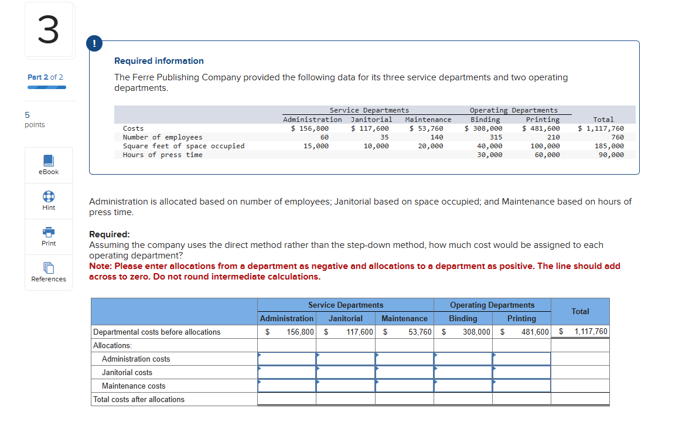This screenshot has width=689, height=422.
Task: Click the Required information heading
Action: coord(159,61)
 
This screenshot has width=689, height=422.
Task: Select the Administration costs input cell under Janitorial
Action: coord(346,359)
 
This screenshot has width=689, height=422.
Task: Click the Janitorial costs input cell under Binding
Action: coord(463,372)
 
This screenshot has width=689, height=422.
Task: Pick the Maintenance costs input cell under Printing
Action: coord(521,386)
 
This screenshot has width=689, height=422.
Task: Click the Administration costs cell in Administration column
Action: coord(286,359)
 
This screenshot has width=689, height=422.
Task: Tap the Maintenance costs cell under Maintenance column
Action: coord(404,386)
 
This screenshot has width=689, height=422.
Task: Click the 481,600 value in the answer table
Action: coord(535,332)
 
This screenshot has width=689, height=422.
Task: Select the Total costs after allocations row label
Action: coord(139,400)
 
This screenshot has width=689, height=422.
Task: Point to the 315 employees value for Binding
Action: coord(496,137)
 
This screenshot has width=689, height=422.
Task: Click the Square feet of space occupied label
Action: coord(183,146)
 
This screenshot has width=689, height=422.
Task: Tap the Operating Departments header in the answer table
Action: coord(492,305)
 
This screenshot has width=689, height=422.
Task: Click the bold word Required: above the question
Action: coord(110,234)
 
